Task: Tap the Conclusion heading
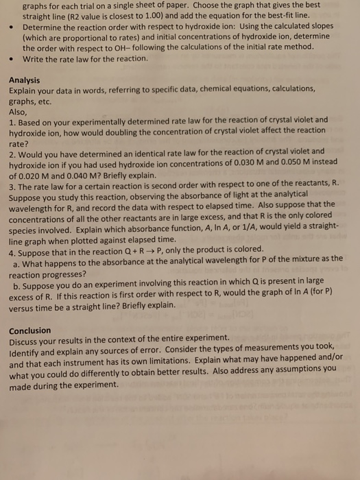click(30, 329)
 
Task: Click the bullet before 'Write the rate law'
click(12, 60)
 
